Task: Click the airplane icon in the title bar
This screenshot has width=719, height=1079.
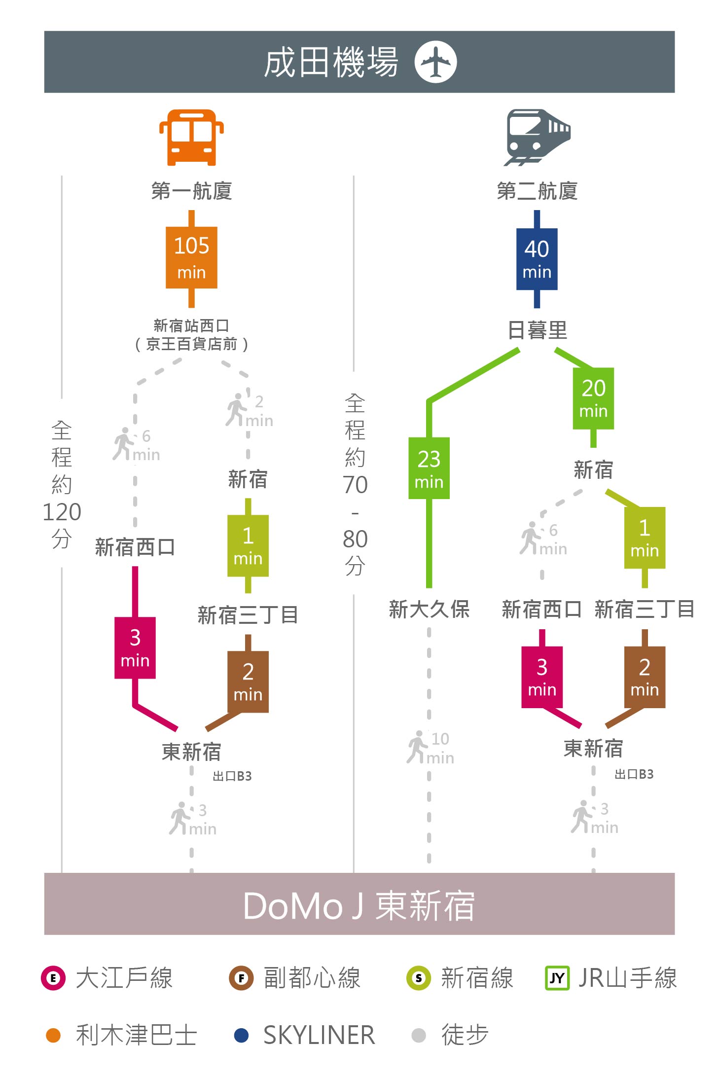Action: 435,62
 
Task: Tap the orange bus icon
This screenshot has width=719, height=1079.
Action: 191,138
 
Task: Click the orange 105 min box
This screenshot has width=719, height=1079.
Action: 191,257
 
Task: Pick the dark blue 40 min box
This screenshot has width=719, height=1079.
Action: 537,259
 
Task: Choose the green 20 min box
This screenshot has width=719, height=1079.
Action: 593,398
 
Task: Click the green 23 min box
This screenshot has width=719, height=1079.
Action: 429,468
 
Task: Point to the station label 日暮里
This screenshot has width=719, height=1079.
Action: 538,330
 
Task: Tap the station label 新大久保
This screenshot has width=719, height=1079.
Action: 429,610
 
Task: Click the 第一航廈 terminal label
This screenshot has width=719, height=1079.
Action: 191,191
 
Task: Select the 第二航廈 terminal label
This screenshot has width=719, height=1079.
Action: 537,191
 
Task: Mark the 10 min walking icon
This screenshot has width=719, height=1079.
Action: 417,747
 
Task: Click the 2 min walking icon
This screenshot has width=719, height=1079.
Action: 236,409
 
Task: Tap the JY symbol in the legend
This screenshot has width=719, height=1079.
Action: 557,978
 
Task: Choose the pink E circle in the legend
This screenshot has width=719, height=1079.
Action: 53,978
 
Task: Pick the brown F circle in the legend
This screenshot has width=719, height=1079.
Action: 241,978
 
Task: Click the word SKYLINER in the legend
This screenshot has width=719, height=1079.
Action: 319,1035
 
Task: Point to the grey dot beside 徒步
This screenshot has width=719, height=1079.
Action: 419,1035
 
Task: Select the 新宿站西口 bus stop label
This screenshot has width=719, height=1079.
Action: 191,325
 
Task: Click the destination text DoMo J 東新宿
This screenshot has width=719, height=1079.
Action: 359,906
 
